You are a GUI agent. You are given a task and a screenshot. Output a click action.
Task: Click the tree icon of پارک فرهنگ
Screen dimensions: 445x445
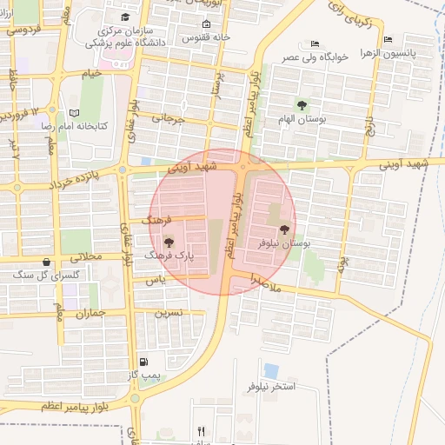pos(169,242)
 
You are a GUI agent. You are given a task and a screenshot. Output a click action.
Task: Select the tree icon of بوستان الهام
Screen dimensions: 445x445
pos(302,105)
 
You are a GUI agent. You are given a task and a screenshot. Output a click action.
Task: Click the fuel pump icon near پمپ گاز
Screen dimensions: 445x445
pos(143,362)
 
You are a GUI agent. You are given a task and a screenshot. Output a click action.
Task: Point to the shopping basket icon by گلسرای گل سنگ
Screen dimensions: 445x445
pos(46,262)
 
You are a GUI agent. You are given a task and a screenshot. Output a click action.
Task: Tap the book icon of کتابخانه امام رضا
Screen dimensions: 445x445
pos(74,113)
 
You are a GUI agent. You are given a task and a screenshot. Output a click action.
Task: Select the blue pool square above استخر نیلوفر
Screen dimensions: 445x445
pos(271,371)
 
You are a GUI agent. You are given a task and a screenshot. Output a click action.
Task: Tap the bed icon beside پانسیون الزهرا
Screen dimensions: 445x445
pos(388,39)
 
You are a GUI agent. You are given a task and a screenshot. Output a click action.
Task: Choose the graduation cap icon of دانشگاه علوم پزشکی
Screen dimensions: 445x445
pos(125,17)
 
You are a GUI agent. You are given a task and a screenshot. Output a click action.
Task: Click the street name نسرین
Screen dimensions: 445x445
pos(169,311)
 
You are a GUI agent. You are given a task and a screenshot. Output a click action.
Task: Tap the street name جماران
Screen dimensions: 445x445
pos(90,312)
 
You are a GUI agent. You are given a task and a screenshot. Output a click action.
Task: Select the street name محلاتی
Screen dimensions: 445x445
pos(85,257)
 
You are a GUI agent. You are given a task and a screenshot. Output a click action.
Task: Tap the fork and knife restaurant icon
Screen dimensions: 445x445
pos(202,431)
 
